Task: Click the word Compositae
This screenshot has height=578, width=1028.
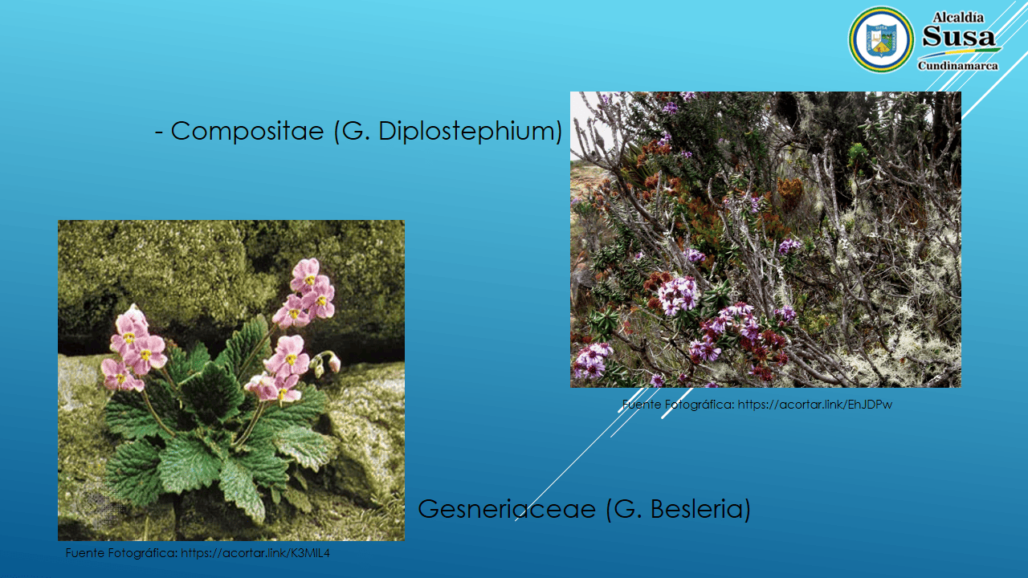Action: click(247, 131)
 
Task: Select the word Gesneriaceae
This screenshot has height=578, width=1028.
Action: click(507, 509)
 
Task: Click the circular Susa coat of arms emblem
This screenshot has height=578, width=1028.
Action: click(881, 39)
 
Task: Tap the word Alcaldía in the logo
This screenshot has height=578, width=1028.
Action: click(958, 18)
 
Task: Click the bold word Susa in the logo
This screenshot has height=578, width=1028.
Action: click(958, 37)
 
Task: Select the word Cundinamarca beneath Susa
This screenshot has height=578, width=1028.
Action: click(958, 66)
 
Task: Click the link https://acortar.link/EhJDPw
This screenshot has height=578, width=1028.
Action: click(814, 405)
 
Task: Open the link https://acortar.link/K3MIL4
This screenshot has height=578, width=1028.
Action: click(255, 553)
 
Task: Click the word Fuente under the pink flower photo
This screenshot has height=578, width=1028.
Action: click(84, 553)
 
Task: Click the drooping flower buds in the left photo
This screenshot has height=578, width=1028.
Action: click(325, 364)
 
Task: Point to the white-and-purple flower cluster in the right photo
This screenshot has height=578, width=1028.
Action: click(679, 295)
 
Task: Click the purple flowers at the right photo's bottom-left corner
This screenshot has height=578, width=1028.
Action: click(593, 360)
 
